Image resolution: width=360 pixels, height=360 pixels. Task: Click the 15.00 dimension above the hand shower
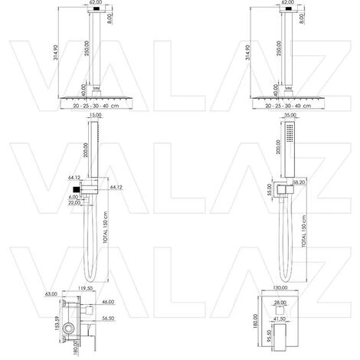click(x=94, y=116)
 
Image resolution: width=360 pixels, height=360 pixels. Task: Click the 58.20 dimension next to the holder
click(x=301, y=183)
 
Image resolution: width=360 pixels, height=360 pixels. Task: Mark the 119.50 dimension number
click(x=96, y=288)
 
